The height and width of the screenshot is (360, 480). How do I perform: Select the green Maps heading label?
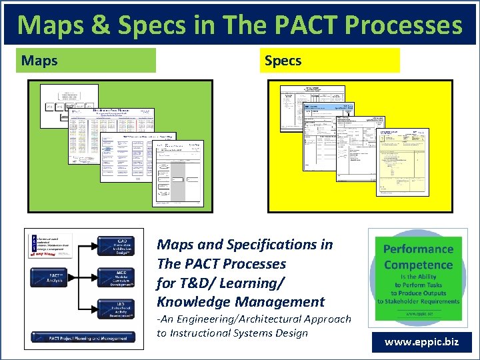[89, 61]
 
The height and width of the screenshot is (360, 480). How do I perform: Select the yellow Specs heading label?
[330, 61]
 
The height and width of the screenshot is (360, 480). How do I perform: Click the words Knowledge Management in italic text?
[240, 302]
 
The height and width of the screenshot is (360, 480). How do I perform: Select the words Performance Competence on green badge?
[418, 257]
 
